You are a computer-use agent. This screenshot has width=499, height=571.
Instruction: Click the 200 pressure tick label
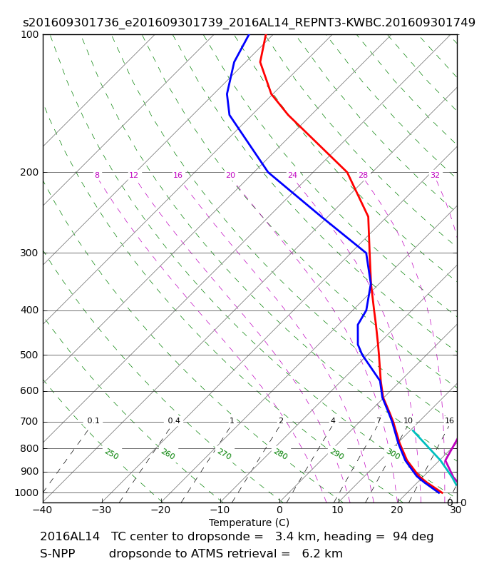coord(29,172)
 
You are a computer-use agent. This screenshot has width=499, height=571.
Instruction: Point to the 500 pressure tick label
coord(29,355)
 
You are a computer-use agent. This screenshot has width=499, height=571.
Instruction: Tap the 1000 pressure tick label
coord(26,492)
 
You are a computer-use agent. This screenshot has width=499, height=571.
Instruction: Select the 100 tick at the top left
coord(29,34)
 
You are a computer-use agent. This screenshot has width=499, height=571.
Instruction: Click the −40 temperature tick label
coord(41,510)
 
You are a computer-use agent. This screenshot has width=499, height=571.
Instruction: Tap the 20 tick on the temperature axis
coord(396,510)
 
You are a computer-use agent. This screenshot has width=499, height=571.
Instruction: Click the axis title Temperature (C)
coord(249,522)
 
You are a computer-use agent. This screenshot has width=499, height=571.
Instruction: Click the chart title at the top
coord(249,23)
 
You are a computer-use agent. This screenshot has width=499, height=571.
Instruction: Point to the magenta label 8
coord(97,176)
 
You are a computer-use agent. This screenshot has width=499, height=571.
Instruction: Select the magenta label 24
coord(292,176)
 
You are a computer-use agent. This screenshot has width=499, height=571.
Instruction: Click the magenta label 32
coord(435,176)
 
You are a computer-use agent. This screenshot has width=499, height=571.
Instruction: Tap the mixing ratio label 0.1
coord(93,421)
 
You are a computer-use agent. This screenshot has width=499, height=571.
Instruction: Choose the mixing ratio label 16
coord(449,421)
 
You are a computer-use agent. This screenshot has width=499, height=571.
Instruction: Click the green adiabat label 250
coord(111,454)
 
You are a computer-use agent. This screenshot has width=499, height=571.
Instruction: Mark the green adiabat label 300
coord(393,454)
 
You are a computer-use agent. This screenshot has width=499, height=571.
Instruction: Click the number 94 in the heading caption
coord(399,537)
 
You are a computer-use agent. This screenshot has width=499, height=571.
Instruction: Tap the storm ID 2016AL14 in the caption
coord(70,537)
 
